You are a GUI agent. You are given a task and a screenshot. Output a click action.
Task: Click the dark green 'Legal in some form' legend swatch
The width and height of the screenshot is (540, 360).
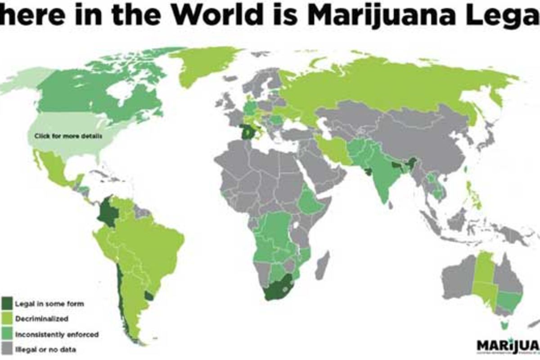pyautogui.click(x=8, y=303)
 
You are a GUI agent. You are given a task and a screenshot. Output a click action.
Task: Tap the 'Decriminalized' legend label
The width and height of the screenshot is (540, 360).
pyautogui.click(x=42, y=319)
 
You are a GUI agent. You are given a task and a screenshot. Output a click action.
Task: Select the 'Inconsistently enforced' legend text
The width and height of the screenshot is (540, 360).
pyautogui.click(x=57, y=334)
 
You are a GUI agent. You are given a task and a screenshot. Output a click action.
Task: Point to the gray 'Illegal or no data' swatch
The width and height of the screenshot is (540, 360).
pyautogui.click(x=8, y=349)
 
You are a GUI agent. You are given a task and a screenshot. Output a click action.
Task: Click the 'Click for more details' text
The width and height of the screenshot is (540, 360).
pyautogui.click(x=68, y=135)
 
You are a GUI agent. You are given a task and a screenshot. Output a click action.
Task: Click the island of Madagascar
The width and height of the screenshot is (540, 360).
pyautogui.click(x=323, y=265)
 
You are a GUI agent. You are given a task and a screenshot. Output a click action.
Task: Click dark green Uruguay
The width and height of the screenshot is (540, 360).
pyautogui.click(x=149, y=296)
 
